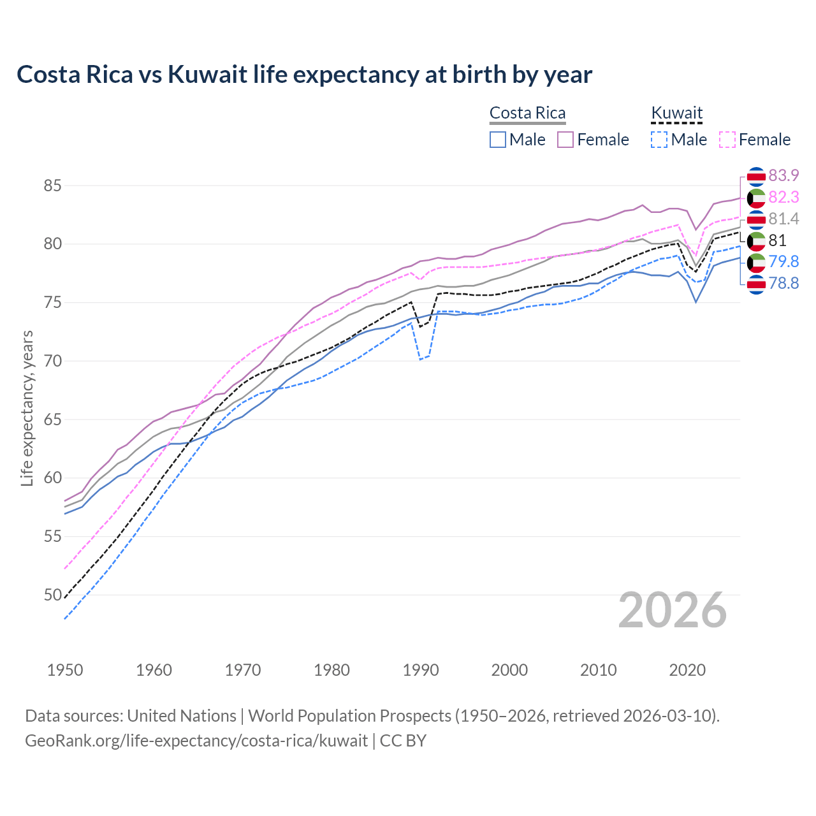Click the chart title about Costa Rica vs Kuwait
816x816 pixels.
304,75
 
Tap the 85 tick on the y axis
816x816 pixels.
52,186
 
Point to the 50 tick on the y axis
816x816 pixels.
52,595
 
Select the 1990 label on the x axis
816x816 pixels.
421,670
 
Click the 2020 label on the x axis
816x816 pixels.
687,670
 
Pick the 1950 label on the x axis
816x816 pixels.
65,670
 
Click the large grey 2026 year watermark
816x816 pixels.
672,611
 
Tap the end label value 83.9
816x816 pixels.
783,175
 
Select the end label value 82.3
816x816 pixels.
783,198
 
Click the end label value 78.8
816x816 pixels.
783,284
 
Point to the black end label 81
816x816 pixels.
777,240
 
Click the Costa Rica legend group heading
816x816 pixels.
527,113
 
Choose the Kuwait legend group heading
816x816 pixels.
676,113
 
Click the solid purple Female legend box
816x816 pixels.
565,140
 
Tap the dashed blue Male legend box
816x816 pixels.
659,140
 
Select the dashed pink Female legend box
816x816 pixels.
727,140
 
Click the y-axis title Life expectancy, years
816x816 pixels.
27,408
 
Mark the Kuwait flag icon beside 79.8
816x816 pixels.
756,262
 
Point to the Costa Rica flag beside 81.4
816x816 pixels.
756,219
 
